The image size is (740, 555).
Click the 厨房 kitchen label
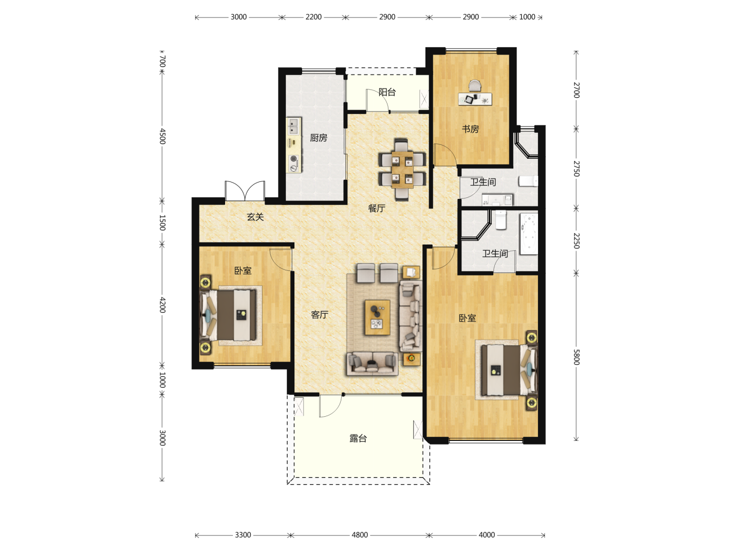pos(318,138)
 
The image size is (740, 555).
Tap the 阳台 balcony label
pos(386,92)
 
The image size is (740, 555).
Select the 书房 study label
pos(470,128)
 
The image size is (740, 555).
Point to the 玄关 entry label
pos(255,217)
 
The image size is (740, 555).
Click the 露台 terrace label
pos(358,438)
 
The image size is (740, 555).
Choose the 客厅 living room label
pos(319,314)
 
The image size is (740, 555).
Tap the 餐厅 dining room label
pos(376,208)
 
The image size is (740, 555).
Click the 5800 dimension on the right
pos(576,357)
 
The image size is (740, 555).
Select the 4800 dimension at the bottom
pos(359,535)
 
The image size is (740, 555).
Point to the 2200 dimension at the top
pos(313,17)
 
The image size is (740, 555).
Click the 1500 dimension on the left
pos(162,223)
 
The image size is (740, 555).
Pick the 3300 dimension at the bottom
pos(243,535)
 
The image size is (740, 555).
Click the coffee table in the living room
pos(377,318)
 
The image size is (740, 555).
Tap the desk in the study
pos(475,99)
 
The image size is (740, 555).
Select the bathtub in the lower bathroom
pos(529,233)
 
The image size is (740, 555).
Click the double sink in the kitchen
pos(293,126)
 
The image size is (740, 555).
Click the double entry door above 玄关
pos(245,191)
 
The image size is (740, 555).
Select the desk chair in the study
pos(475,86)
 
